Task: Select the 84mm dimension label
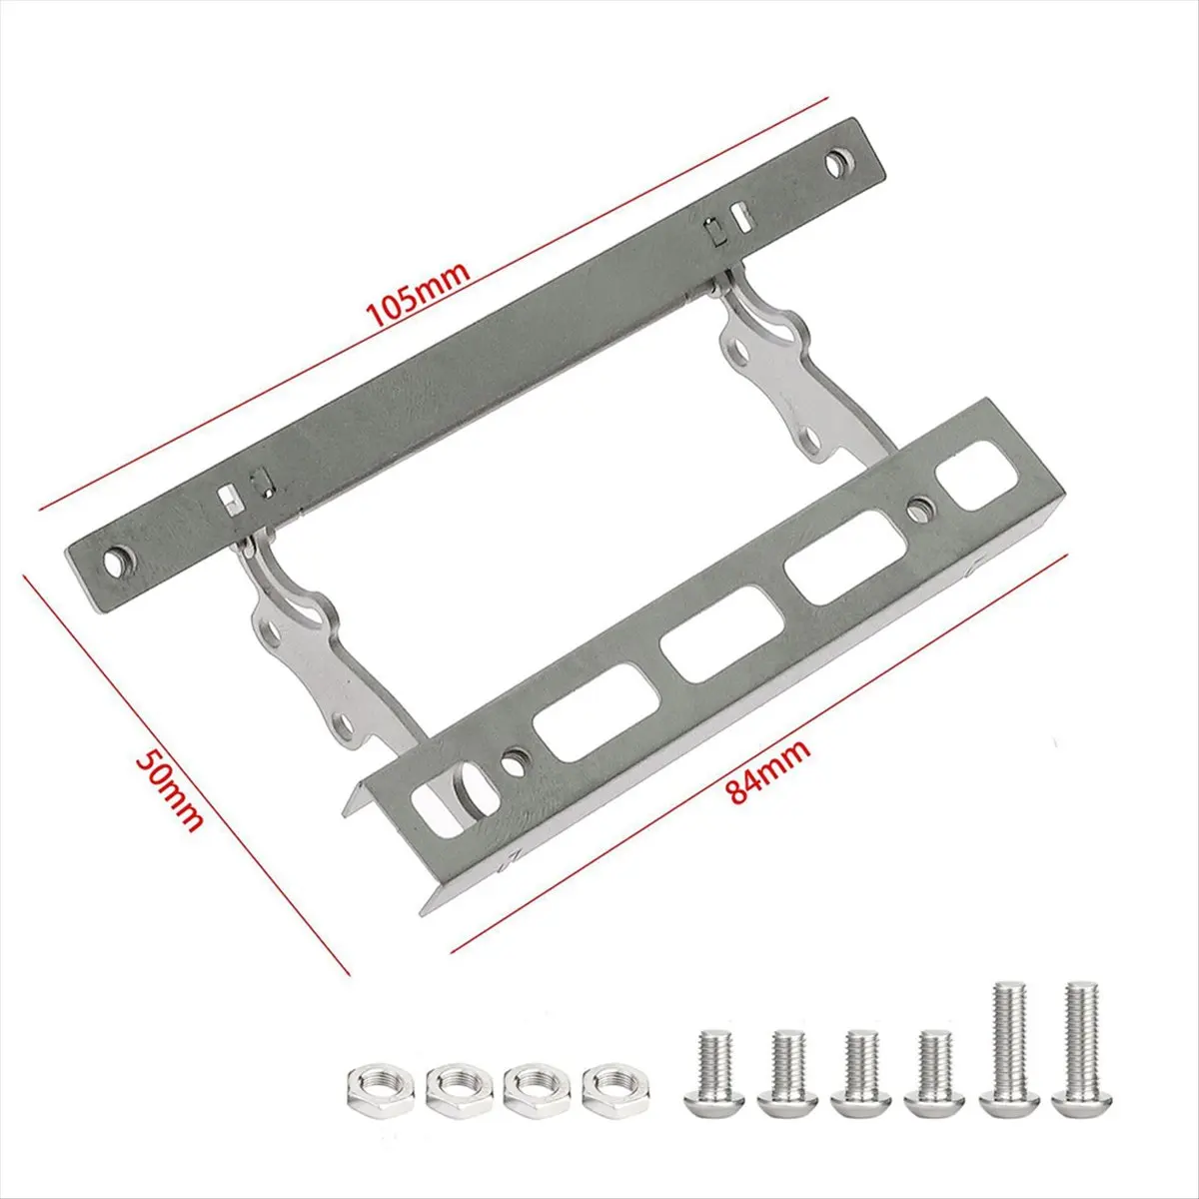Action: (x=769, y=772)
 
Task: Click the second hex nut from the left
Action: (x=455, y=1087)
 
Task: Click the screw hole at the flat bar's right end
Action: (x=836, y=161)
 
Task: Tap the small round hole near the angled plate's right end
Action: (x=916, y=511)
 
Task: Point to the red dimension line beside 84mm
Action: (x=759, y=749)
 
